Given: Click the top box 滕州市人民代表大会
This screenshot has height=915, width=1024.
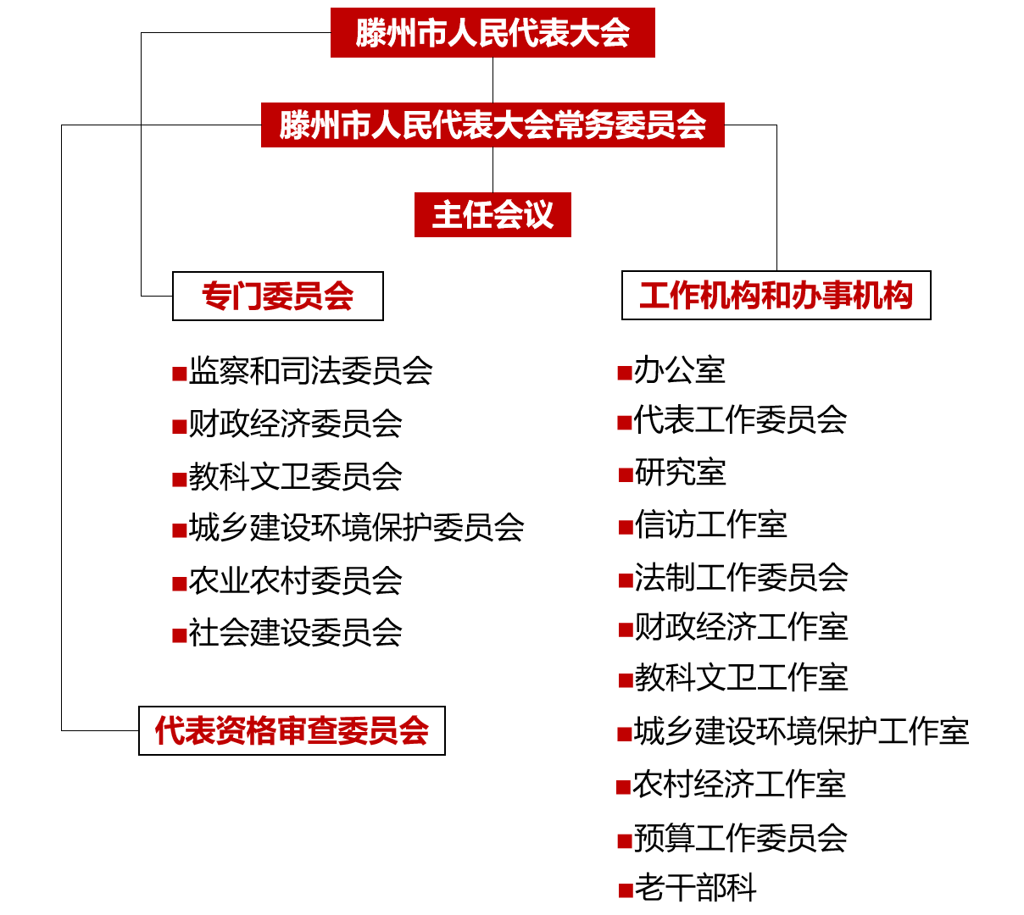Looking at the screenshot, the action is pyautogui.click(x=493, y=32).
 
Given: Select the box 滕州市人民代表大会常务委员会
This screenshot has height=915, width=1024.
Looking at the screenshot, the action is pyautogui.click(x=493, y=125).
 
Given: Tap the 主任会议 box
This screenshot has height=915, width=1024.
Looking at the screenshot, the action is pyautogui.click(x=493, y=214).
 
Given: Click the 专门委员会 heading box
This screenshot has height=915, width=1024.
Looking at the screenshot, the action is pyautogui.click(x=277, y=296).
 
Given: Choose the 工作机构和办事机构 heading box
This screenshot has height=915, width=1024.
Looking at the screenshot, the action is pyautogui.click(x=776, y=295).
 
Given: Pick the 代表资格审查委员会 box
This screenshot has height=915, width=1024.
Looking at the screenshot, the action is pyautogui.click(x=292, y=730).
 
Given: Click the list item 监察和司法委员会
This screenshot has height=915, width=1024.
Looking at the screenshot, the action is pyautogui.click(x=310, y=371).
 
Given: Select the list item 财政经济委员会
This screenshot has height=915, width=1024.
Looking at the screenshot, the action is pyautogui.click(x=295, y=424).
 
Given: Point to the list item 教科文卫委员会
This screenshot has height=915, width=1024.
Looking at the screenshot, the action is pyautogui.click(x=295, y=476).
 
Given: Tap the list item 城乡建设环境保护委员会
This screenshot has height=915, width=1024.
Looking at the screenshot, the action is pyautogui.click(x=356, y=528).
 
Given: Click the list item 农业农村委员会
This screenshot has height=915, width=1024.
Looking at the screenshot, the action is pyautogui.click(x=295, y=581).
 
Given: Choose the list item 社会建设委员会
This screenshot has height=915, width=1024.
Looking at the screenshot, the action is pyautogui.click(x=295, y=633).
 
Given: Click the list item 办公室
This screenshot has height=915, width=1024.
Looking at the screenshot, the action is pyautogui.click(x=679, y=370).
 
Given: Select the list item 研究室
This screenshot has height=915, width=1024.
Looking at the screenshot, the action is pyautogui.click(x=681, y=473).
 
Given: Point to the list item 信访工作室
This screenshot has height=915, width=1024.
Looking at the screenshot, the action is pyautogui.click(x=710, y=524).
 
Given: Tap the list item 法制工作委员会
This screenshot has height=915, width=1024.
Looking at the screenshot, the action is pyautogui.click(x=741, y=578).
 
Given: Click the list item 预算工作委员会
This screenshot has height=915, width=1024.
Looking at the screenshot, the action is pyautogui.click(x=740, y=838).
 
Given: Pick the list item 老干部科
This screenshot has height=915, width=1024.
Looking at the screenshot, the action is pyautogui.click(x=695, y=888).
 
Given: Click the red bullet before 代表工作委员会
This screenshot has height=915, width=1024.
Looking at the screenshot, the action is pyautogui.click(x=625, y=423).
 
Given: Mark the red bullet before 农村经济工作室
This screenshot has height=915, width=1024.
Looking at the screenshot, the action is pyautogui.click(x=624, y=787).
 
